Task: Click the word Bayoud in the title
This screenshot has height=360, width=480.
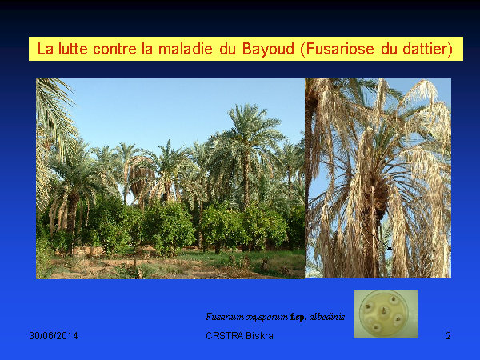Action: tap(268, 50)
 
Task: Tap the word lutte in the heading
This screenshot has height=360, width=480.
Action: tap(73, 49)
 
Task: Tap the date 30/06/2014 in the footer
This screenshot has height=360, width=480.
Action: tap(54, 336)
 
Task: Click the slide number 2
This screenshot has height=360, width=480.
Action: tap(448, 336)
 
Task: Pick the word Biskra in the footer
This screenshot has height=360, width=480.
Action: tap(259, 336)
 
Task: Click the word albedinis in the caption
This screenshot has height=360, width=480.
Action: tap(327, 317)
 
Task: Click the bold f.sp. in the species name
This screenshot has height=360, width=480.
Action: tap(298, 317)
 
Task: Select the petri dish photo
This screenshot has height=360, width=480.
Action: tap(386, 314)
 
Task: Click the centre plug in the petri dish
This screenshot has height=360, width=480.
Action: tap(383, 311)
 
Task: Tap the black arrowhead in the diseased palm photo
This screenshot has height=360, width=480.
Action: tap(390, 248)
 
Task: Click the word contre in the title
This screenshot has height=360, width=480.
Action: tap(114, 49)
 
